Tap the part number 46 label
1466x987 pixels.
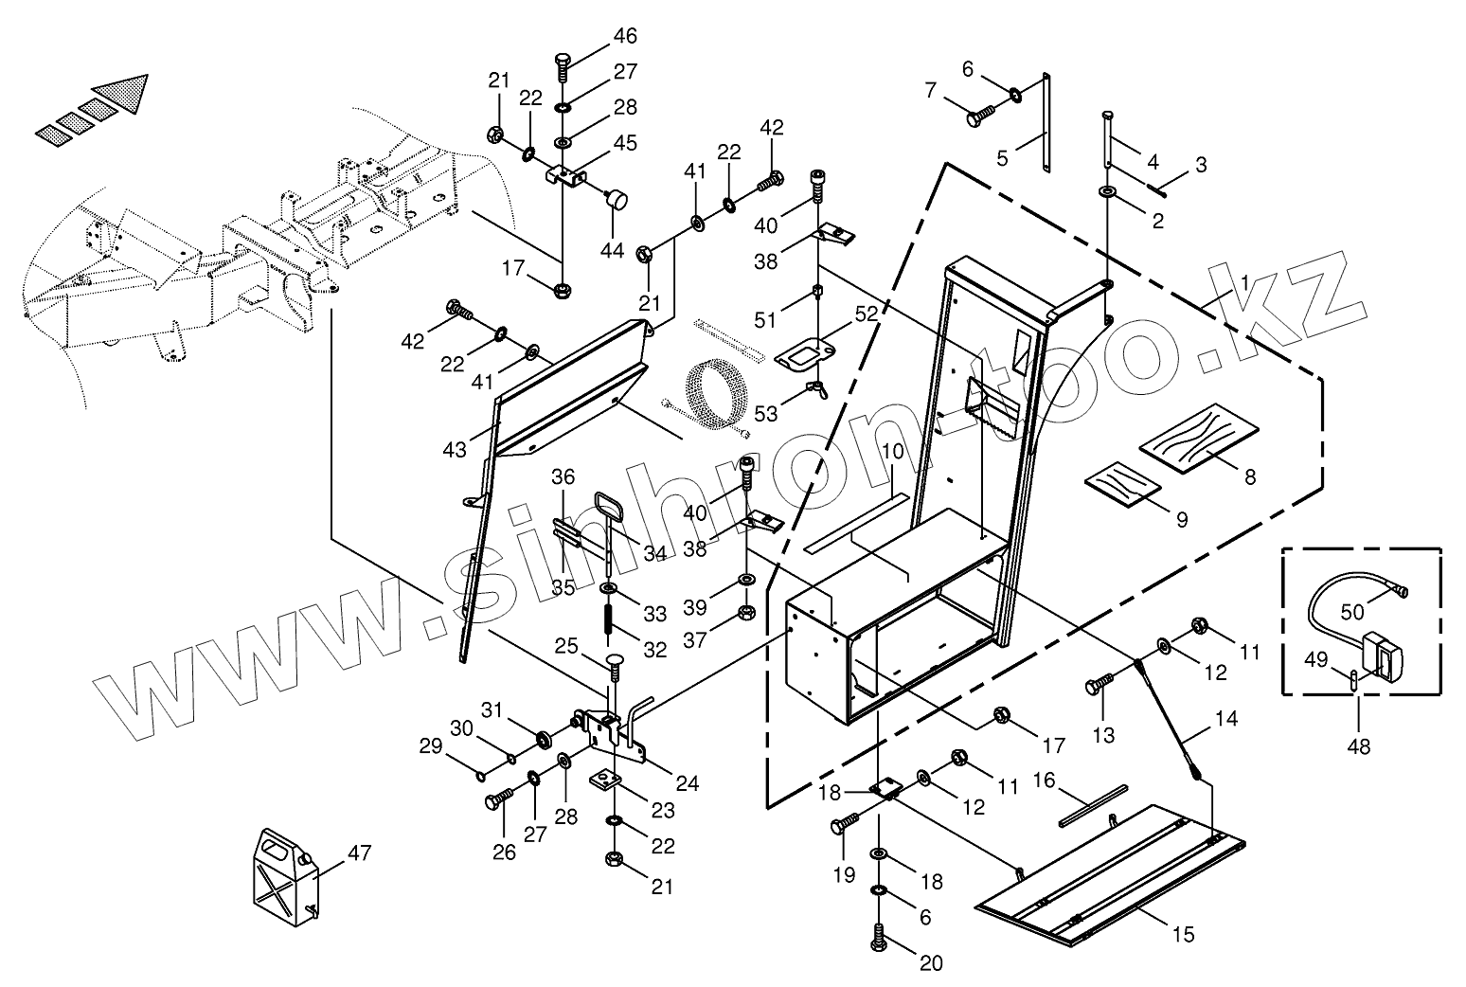tap(624, 37)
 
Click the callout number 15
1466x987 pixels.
tap(1183, 935)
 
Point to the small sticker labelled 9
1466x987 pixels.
tap(1122, 486)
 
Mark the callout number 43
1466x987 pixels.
tap(455, 450)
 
